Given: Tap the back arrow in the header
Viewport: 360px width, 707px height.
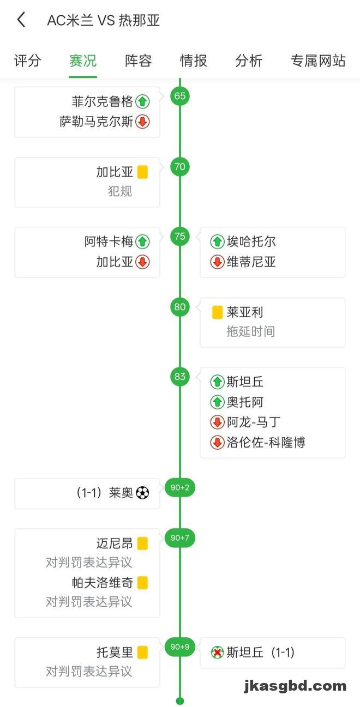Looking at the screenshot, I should pos(21,20).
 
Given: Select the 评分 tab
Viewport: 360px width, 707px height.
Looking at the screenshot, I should pos(27,61).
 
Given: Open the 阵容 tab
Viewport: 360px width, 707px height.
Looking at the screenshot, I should pos(139,61).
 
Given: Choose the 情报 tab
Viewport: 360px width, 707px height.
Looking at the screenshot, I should pos(194,61).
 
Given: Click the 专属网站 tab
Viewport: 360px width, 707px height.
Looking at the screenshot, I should pos(318,61).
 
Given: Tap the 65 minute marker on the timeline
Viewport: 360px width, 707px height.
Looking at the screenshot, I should pos(180,96).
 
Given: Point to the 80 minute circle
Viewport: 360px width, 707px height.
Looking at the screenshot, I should pos(180,307).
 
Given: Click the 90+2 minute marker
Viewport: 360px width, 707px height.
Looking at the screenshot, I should pos(180,487).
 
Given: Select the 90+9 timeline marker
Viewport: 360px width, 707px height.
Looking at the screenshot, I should pos(180,647).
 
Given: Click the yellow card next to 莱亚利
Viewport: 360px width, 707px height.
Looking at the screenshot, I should pos(217,312).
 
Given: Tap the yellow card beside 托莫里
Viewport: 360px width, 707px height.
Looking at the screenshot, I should pos(142,652).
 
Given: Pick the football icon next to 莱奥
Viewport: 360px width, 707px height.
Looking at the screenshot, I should pos(142,493).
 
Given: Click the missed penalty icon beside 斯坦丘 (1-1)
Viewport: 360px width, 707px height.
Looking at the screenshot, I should pos(217,652).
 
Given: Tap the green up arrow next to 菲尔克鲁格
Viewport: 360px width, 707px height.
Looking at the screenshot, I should pos(142,101).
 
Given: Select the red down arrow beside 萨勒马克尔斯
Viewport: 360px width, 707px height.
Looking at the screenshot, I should pos(142,122).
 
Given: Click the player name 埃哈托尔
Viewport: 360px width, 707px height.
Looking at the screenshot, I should pos(251,241).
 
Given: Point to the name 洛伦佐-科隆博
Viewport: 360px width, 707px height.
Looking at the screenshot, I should pos(266,442).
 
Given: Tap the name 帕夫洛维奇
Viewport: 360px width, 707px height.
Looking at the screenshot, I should pos(103,583).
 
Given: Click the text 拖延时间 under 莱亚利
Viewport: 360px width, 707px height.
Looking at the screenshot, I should pos(251,331).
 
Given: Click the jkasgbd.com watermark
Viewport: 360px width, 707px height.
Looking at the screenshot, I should pos(295,686).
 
